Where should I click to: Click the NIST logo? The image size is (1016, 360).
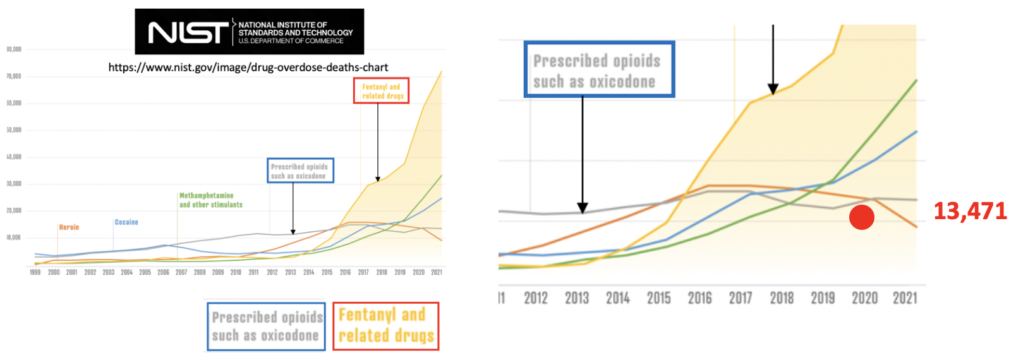(x=249, y=32)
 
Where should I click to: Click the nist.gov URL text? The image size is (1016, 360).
(x=248, y=68)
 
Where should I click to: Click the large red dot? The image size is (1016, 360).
(x=861, y=217)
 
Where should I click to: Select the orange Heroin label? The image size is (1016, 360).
(x=69, y=227)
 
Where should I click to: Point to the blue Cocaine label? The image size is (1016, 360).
(x=126, y=222)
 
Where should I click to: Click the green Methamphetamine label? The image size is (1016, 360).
(x=210, y=200)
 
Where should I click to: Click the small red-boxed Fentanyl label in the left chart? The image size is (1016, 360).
(x=381, y=91)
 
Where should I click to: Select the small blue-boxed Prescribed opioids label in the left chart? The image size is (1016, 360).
(x=300, y=171)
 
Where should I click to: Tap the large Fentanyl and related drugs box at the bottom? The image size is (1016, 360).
(x=385, y=326)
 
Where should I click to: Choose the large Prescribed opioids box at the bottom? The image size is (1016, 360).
(x=266, y=327)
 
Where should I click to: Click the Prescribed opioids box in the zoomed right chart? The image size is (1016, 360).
(x=599, y=70)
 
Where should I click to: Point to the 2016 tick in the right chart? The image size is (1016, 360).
(x=699, y=298)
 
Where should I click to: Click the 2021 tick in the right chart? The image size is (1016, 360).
(x=905, y=298)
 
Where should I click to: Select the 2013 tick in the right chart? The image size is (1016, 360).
(x=576, y=298)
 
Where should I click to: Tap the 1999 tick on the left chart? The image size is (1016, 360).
(x=35, y=272)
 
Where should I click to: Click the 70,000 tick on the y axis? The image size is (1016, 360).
(x=14, y=76)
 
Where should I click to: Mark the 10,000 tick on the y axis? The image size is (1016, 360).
(x=14, y=238)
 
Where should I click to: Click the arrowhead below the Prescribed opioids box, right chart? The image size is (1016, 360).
(x=583, y=208)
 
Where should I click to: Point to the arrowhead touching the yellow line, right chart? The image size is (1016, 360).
(x=773, y=90)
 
